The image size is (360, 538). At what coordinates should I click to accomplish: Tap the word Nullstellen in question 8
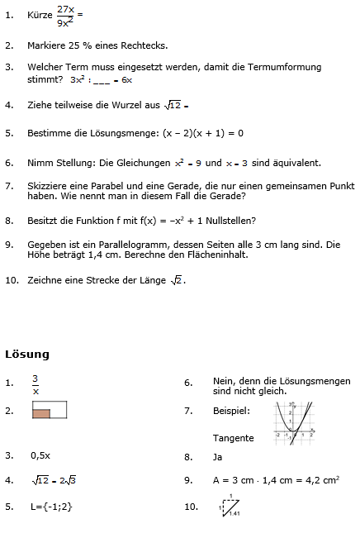223,221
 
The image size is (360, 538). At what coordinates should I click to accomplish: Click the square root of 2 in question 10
177,280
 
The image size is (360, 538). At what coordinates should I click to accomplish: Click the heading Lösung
27,355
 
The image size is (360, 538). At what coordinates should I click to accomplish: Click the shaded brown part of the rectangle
41,413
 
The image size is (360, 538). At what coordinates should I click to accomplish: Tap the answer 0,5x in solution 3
40,455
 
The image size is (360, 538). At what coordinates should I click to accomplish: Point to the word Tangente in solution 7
233,438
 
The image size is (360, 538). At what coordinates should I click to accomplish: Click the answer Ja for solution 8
218,455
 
